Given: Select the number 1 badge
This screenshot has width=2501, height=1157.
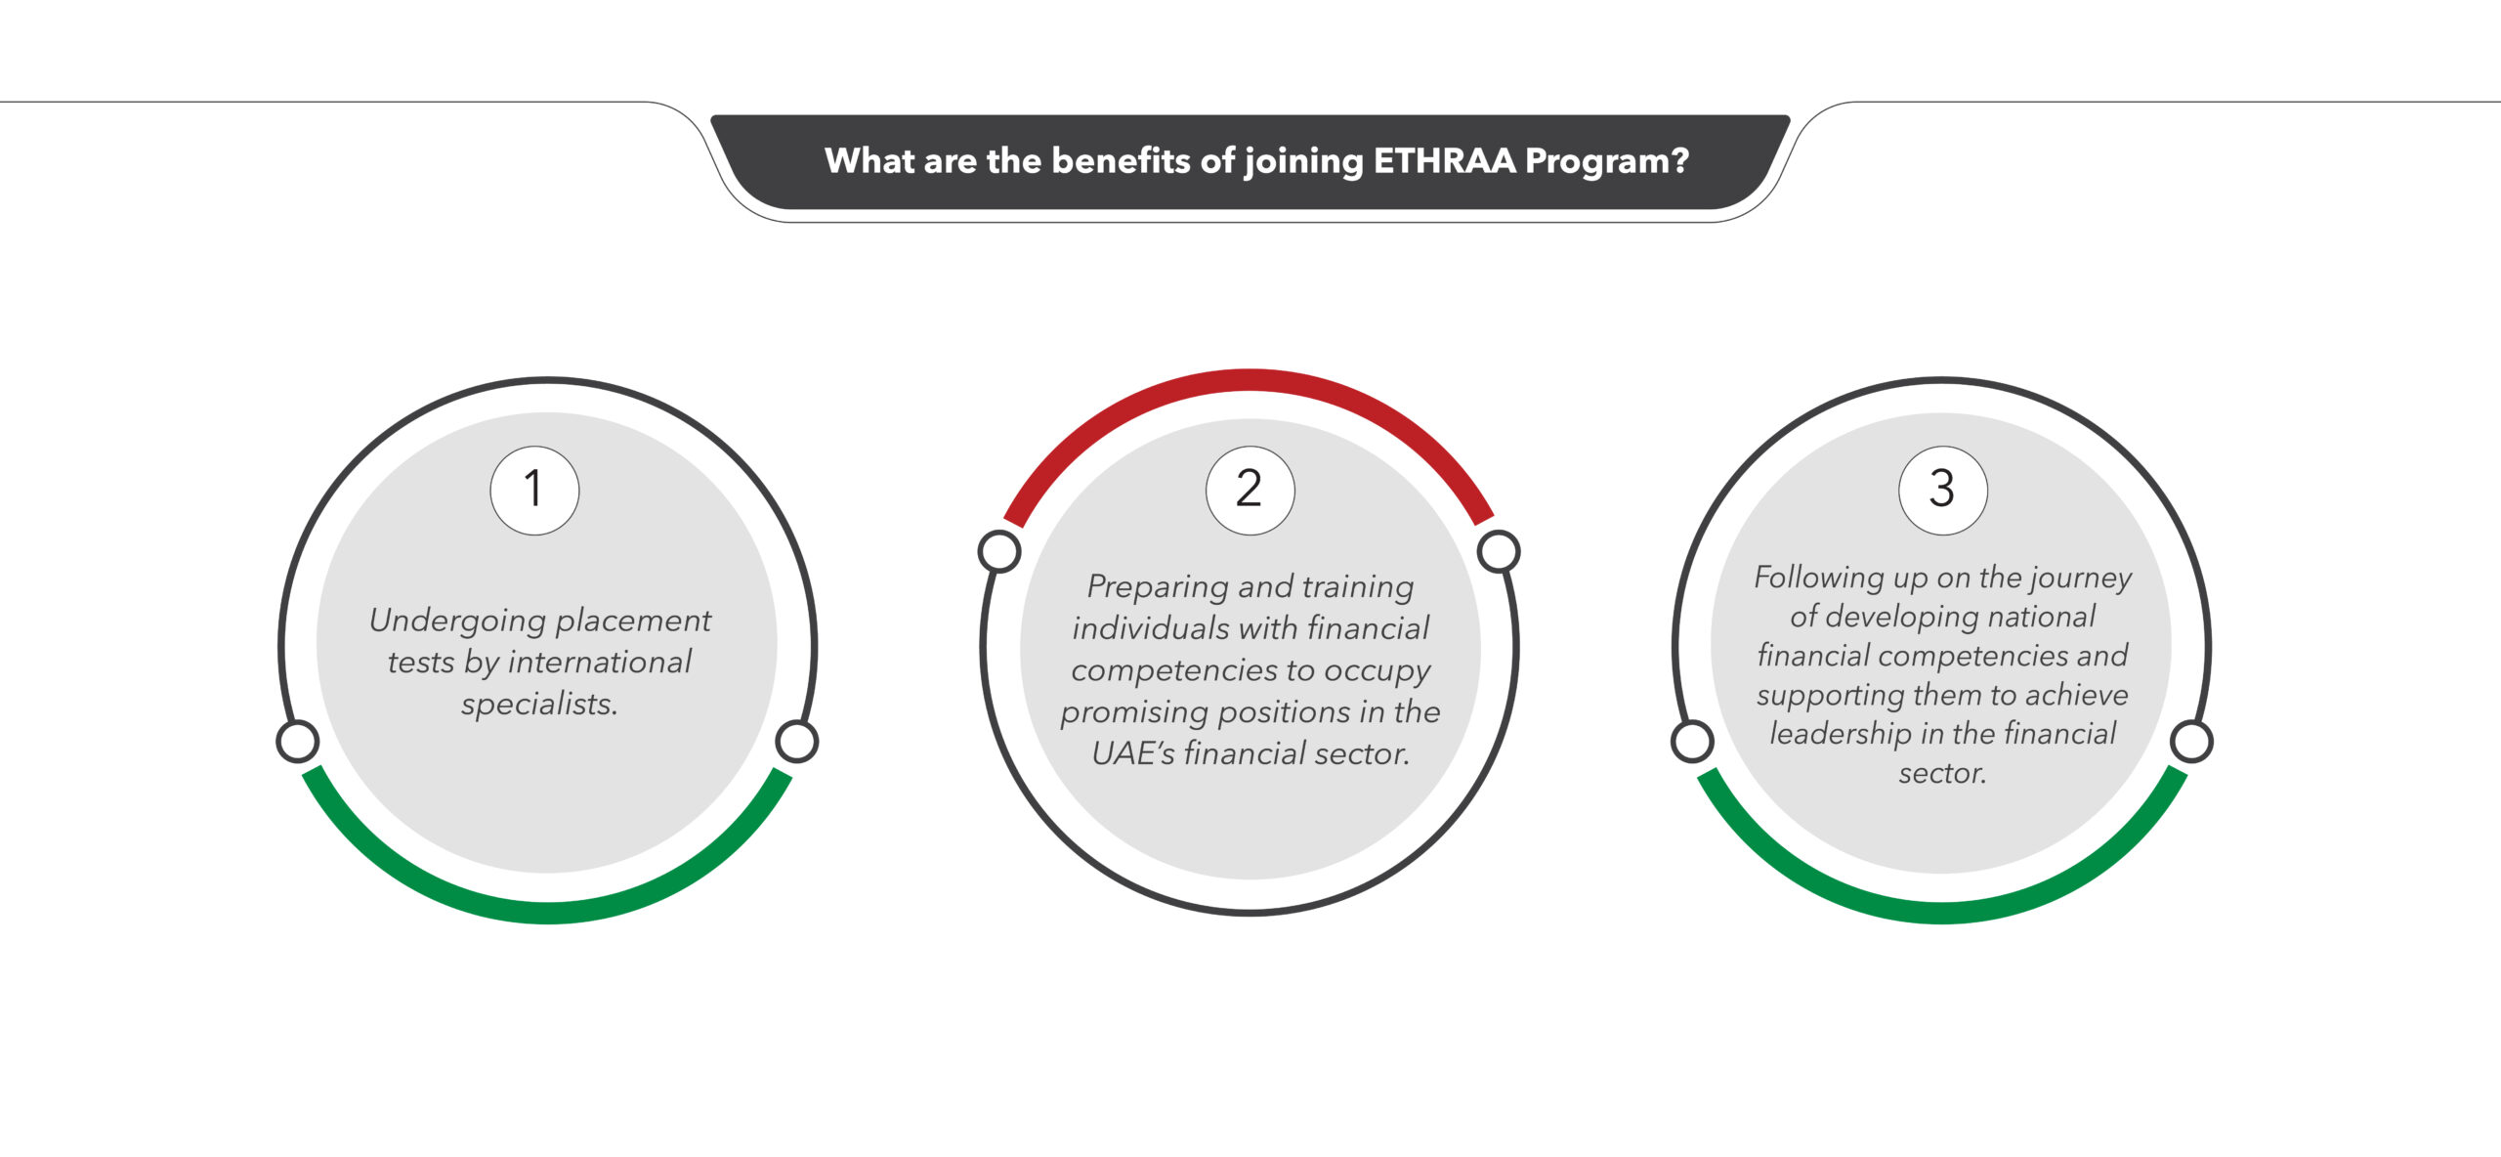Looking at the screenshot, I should (534, 490).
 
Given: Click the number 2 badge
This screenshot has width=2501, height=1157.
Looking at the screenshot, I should (1250, 490).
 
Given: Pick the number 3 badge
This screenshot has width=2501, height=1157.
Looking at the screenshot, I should (1942, 490).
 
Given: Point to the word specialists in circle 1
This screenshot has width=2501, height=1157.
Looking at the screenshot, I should (539, 704).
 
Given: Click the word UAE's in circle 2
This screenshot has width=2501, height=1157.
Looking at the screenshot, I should (1132, 753).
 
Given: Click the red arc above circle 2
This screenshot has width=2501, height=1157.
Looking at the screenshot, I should (1250, 384).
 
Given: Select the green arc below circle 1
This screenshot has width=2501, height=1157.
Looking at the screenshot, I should (548, 912).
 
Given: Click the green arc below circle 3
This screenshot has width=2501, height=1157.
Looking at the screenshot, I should (1942, 912).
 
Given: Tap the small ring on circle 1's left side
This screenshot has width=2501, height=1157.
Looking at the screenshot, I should (298, 741).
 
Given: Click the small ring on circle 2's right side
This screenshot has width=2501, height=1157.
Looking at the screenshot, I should (1499, 551).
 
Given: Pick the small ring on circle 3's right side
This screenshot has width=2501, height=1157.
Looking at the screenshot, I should (2191, 741).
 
